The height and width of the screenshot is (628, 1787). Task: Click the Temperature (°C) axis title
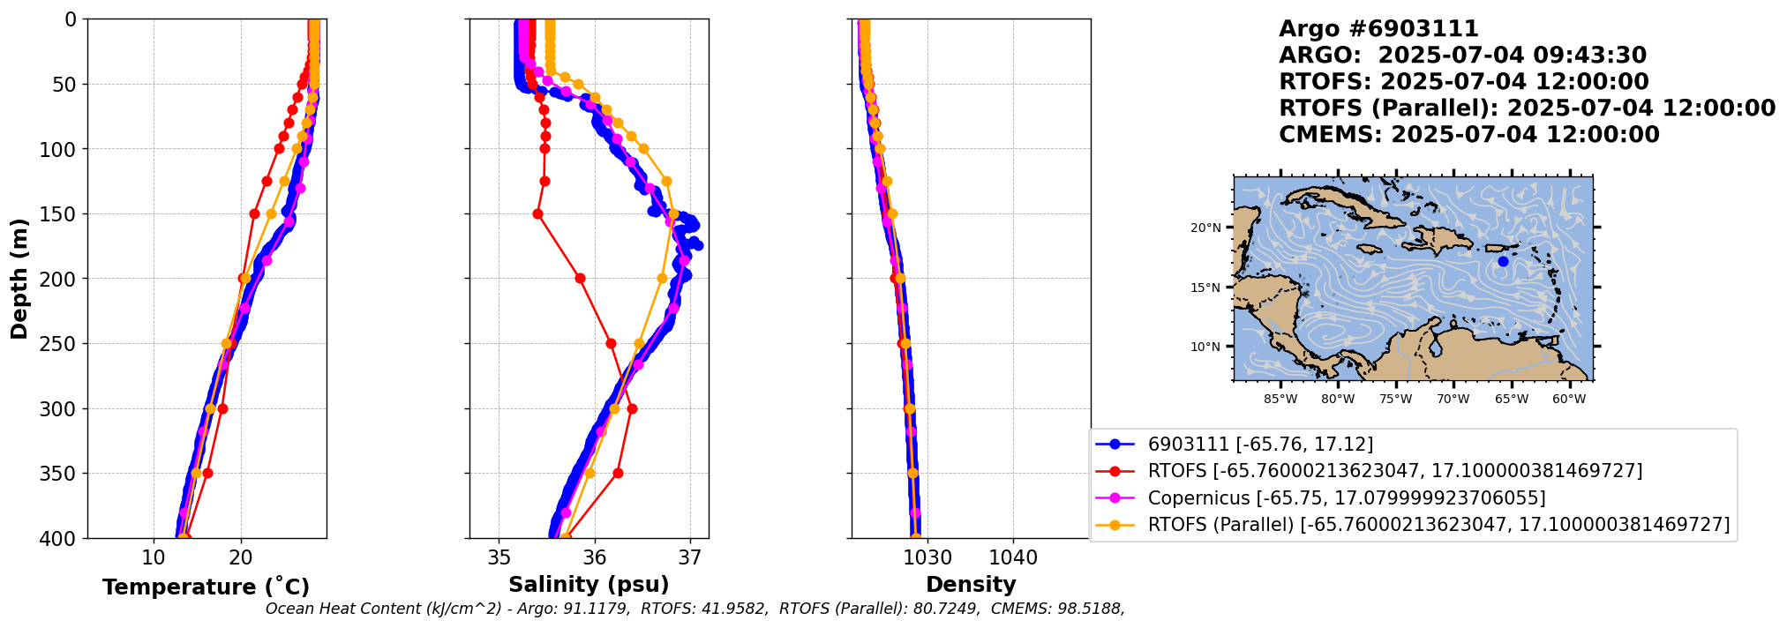(x=206, y=587)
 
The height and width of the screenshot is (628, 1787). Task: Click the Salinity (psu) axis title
(x=589, y=585)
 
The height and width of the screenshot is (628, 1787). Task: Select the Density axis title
(x=971, y=585)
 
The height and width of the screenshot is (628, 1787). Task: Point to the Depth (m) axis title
(x=19, y=279)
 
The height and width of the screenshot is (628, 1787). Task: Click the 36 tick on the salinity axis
(x=595, y=557)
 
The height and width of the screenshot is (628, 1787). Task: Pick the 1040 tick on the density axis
(x=1013, y=557)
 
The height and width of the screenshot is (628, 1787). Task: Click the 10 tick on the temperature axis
(x=154, y=557)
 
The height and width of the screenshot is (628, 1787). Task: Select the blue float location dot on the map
(x=1503, y=261)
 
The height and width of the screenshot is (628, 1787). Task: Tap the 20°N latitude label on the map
(x=1205, y=228)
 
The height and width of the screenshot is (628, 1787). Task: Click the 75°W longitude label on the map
(x=1396, y=399)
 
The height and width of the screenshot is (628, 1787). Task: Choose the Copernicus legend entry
(x=1346, y=498)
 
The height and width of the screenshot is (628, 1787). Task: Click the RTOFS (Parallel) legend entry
(x=1438, y=525)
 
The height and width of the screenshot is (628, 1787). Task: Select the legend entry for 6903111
(x=1259, y=445)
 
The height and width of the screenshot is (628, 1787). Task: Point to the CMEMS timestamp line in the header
(x=1468, y=135)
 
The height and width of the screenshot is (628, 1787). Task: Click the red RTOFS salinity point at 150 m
(x=537, y=213)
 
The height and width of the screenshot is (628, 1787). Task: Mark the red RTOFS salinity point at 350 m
(x=618, y=473)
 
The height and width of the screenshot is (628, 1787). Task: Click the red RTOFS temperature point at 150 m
(x=254, y=213)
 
